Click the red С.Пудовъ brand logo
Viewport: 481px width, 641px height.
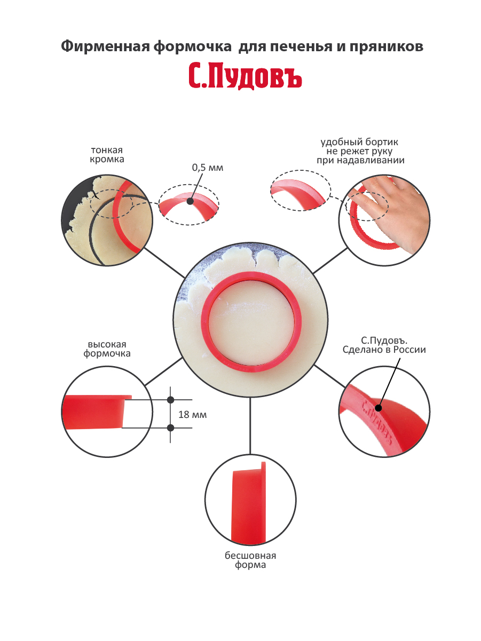pos(245,76)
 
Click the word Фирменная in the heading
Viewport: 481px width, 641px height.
pos(105,46)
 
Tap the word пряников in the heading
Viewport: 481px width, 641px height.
pos(387,47)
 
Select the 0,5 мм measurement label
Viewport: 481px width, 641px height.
pos(207,168)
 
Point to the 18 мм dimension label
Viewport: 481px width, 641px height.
pos(193,415)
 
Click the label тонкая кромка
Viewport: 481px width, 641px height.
pos(107,155)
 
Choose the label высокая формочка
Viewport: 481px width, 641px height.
pos(107,349)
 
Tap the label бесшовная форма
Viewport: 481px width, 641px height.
pos(250,560)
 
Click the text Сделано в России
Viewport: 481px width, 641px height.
pos(384,350)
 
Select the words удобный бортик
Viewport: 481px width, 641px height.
pos(359,142)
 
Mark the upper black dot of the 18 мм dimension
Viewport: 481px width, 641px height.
pos(171,400)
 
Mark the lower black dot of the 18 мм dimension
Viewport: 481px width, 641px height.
pos(171,428)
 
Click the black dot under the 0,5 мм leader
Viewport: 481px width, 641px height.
pos(190,201)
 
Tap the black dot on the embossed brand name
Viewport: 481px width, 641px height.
pos(379,408)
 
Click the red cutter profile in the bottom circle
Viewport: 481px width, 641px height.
pos(249,503)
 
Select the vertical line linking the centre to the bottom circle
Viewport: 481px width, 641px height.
pos(250,426)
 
